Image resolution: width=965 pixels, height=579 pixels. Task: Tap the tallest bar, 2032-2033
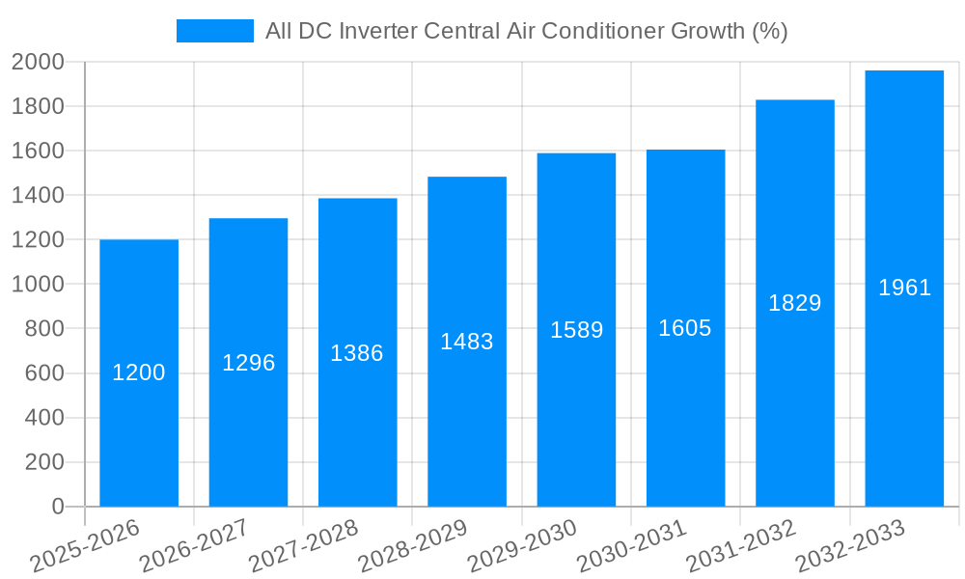click(x=904, y=386)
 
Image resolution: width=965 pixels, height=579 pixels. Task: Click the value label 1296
click(x=248, y=363)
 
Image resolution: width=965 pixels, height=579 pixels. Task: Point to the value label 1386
click(x=357, y=353)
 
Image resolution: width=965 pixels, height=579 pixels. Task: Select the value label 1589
click(x=576, y=330)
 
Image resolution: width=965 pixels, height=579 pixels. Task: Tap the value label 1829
click(x=794, y=303)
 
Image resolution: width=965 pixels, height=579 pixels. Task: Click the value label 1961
click(x=904, y=288)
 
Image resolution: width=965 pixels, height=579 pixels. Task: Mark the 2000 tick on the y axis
click(x=38, y=62)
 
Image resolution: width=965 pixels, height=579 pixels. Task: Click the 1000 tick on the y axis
click(x=38, y=285)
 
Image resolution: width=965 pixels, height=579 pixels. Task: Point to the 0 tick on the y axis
click(x=57, y=507)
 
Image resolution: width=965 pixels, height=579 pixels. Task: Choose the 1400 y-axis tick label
click(x=38, y=196)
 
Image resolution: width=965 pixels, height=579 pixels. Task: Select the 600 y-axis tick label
click(x=43, y=373)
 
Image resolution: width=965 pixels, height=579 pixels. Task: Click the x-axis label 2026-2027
click(x=194, y=546)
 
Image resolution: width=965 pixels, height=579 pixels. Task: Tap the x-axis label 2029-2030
click(x=522, y=546)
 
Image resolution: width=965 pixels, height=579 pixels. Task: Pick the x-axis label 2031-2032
click(x=740, y=546)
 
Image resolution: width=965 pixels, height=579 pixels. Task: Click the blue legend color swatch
click(x=214, y=31)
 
